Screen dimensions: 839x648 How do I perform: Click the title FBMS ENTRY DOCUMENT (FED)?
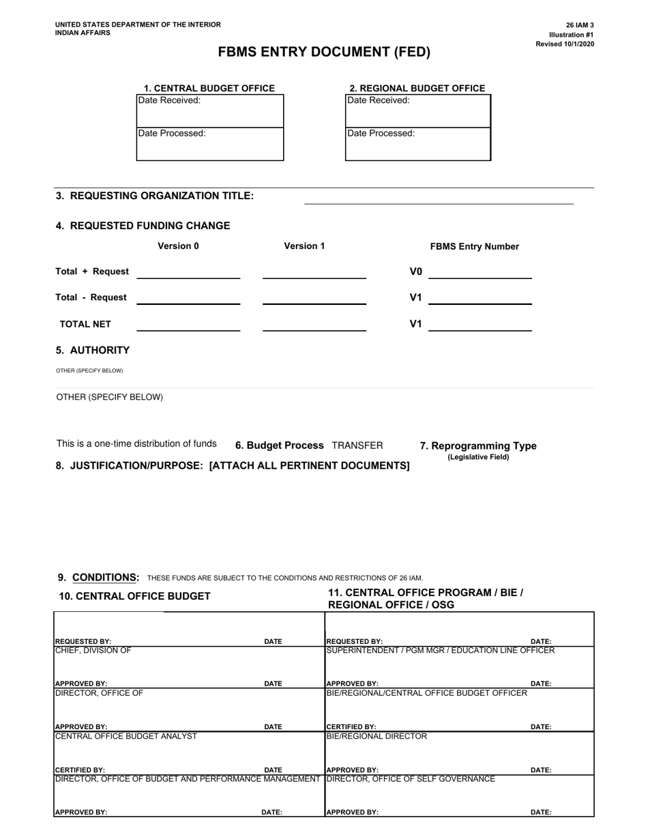[x=324, y=53]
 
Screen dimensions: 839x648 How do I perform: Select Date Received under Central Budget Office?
[x=170, y=101]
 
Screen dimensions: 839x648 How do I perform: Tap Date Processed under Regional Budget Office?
[x=381, y=134]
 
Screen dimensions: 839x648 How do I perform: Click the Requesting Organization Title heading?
[x=155, y=196]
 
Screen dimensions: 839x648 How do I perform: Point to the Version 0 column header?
[x=178, y=246]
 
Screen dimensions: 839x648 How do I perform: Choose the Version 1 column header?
[x=304, y=246]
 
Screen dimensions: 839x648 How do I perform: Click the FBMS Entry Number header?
[x=474, y=247]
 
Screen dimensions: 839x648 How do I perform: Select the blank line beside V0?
[x=480, y=273]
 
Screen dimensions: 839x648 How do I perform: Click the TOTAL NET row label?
[x=85, y=325]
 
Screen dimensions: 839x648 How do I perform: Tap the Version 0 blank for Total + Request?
[x=188, y=273]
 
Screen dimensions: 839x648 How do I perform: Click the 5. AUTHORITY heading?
[x=93, y=351]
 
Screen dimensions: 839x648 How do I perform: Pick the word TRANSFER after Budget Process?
[x=357, y=445]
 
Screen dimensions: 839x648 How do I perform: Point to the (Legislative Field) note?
[x=478, y=457]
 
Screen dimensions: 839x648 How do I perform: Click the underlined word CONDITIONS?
[x=106, y=578]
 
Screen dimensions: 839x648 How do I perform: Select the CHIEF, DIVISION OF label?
[x=93, y=651]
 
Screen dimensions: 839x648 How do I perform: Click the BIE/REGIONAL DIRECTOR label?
[x=377, y=737]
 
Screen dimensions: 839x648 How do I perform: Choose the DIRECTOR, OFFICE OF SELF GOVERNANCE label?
[x=411, y=779]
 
